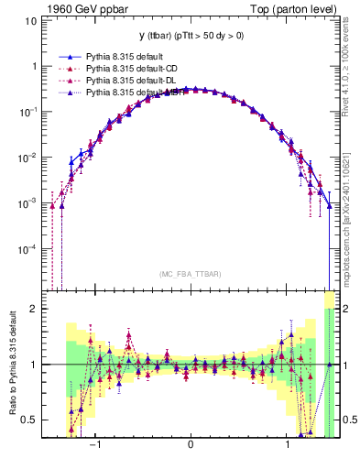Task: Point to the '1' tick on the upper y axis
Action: pos(34,67)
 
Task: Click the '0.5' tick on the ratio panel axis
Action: pos(29,420)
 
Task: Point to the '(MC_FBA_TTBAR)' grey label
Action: pos(191,274)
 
